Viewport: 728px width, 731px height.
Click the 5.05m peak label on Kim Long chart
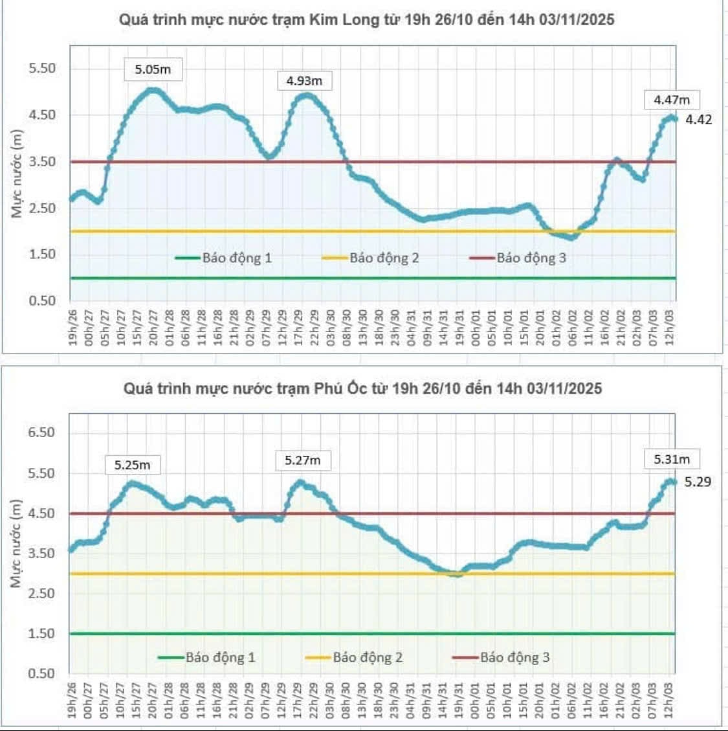[153, 69]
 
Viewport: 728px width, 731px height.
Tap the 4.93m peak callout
[304, 81]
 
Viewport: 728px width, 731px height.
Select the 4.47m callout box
[672, 100]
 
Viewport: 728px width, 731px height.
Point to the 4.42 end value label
[699, 119]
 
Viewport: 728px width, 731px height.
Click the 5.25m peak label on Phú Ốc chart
[132, 465]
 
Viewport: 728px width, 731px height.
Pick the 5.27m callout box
[303, 460]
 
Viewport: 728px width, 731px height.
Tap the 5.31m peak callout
[672, 459]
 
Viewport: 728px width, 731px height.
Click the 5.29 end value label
[698, 481]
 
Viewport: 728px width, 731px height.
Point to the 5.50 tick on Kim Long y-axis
[41, 68]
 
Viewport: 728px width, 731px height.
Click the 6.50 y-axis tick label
[41, 432]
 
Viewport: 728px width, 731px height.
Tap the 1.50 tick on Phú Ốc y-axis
[41, 633]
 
